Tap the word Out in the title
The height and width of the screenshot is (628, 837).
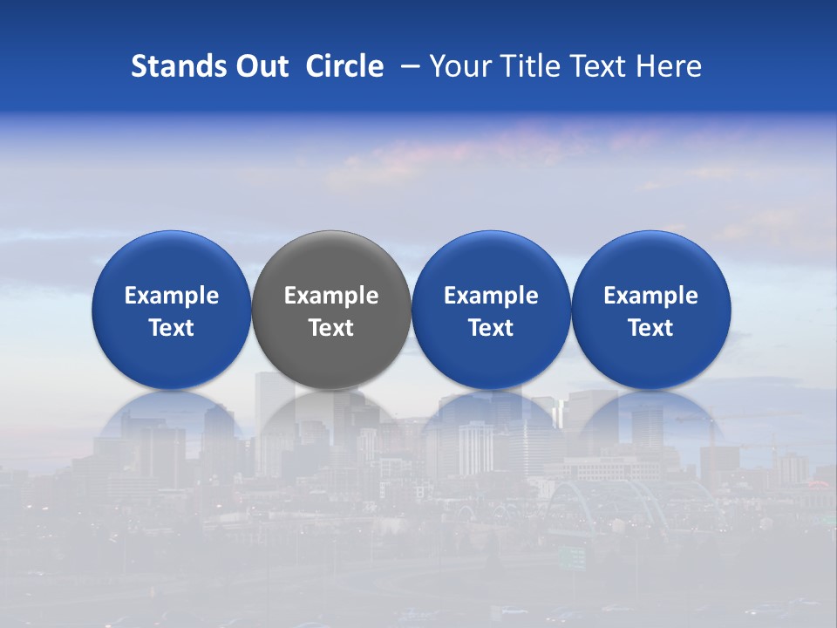(260, 66)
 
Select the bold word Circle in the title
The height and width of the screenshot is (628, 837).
(344, 66)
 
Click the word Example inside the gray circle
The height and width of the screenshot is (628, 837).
(331, 296)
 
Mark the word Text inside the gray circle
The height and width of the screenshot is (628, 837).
(331, 328)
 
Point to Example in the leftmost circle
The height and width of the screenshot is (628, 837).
(171, 296)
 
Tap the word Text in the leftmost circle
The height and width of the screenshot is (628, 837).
(171, 328)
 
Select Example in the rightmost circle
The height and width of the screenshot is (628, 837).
(650, 296)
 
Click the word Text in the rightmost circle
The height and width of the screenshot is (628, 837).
(650, 328)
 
